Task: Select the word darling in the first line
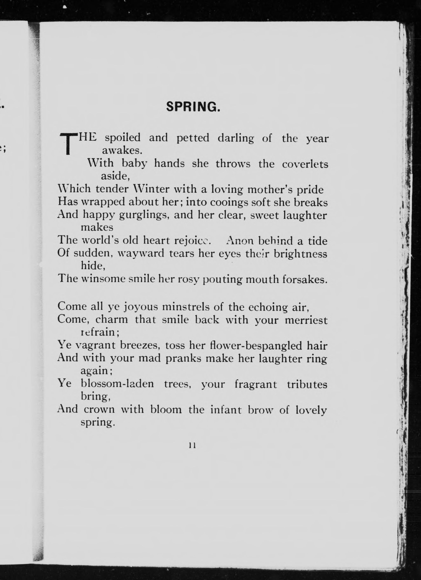tap(236, 138)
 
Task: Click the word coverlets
tap(305, 164)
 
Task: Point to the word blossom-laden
tap(117, 384)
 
